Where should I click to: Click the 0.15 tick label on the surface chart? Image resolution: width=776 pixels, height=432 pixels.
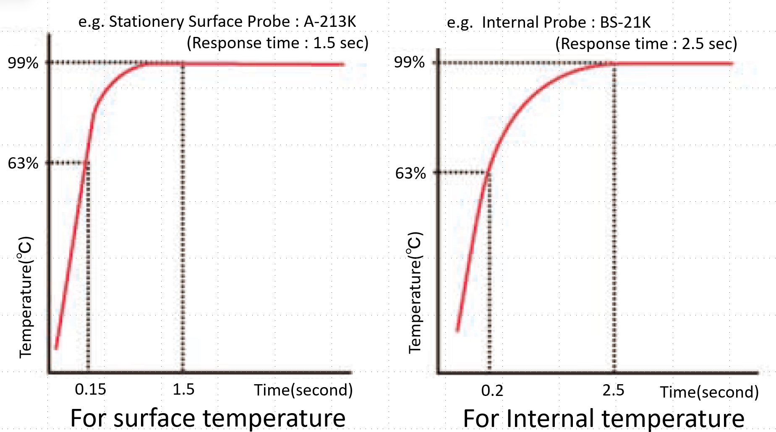click(90, 389)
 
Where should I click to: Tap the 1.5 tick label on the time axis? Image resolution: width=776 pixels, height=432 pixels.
click(183, 389)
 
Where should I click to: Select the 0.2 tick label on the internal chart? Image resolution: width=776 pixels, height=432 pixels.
click(492, 390)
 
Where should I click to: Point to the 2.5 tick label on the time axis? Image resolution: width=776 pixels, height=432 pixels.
click(613, 390)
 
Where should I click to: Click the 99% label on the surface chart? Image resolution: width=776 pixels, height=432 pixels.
click(23, 63)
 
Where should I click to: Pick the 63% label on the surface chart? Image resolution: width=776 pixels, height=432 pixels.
click(23, 163)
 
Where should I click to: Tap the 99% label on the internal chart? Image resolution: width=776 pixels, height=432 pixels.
click(409, 62)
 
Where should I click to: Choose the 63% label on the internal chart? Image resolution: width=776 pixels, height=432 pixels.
click(410, 173)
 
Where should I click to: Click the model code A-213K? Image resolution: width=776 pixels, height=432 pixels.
click(330, 21)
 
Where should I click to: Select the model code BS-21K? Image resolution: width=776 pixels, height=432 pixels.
click(625, 22)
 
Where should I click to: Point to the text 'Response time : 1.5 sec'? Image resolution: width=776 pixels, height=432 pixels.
click(277, 43)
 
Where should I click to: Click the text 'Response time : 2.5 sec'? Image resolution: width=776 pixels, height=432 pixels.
click(646, 44)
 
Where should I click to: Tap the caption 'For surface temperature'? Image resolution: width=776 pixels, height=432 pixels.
click(208, 418)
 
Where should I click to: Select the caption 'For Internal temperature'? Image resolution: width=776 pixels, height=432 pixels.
click(604, 419)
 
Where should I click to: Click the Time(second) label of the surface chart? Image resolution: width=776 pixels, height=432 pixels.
click(303, 390)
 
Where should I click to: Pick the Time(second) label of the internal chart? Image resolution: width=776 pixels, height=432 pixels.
click(709, 392)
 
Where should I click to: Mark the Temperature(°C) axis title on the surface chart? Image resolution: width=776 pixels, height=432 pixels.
click(26, 297)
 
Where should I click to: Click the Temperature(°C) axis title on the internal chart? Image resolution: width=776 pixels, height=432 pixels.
click(415, 292)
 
